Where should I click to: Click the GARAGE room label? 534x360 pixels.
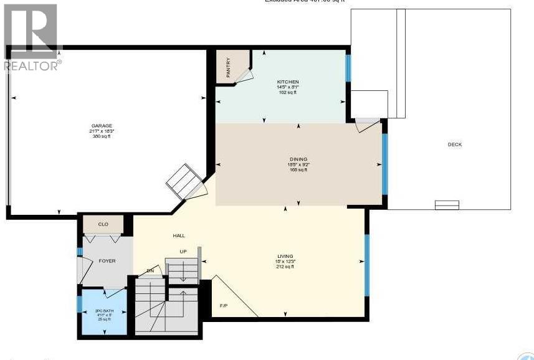102,125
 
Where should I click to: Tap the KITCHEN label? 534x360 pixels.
288,82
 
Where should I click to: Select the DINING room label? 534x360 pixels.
298,159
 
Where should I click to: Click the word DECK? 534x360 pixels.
454,144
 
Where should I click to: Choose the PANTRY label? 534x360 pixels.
229,67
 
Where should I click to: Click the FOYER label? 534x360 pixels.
107,261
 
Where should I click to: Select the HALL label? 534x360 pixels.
179,235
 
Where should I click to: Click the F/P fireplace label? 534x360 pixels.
224,306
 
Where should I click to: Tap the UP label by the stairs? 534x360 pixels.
183,252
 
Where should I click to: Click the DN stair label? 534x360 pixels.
150,270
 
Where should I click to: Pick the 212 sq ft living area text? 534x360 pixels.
285,266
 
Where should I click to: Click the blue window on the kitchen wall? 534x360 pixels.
348,68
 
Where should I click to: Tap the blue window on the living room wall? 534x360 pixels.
366,256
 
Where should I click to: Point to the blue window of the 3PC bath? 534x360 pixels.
80,304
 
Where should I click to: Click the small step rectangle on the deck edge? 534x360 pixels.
446,205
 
